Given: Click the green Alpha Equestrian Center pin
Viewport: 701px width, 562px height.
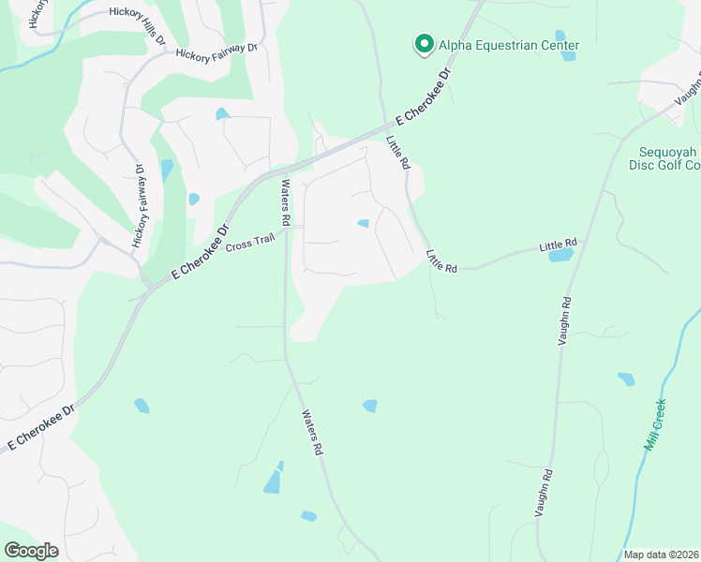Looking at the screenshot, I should pos(424,44).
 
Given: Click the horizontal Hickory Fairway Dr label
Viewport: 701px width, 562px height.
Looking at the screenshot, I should pos(216,52).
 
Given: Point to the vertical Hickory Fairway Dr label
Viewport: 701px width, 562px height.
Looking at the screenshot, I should pos(139,207).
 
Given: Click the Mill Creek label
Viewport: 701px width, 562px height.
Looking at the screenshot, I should pos(655,424).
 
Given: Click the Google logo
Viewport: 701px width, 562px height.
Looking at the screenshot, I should pos(31,551).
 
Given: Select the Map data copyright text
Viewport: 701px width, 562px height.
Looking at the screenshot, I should pos(662,555).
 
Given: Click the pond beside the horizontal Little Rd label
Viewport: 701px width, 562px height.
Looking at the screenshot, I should pos(560,255).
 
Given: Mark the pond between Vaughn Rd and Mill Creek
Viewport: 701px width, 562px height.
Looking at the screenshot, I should pos(626,378).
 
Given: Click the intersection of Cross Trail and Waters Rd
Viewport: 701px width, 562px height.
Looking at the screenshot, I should pos(286,229).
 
